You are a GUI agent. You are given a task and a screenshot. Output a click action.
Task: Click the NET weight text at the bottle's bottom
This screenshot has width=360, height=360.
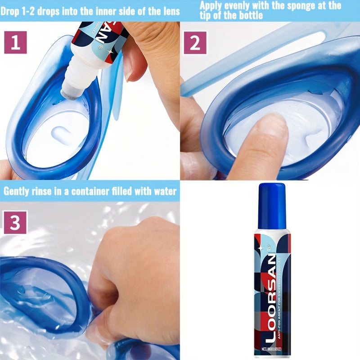click(x=272, y=349)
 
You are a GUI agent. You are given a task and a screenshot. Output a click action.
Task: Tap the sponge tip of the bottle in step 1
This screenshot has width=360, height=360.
click(x=71, y=92)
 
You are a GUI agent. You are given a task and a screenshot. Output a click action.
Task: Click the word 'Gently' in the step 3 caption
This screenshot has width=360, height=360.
click(x=18, y=191)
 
